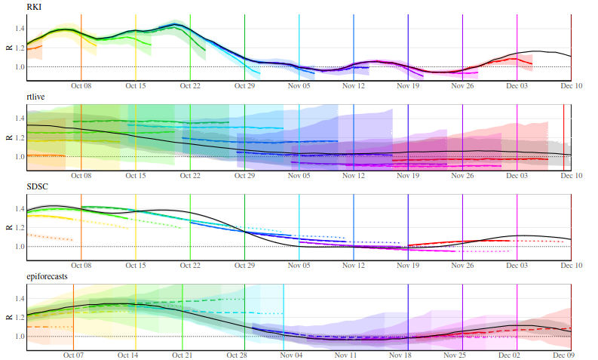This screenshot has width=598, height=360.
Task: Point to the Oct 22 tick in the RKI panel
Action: point(190,85)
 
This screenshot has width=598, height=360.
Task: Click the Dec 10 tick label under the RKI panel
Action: point(571,85)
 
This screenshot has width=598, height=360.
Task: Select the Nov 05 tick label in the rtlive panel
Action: point(299,175)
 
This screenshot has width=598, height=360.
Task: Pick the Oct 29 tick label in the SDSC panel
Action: point(245,265)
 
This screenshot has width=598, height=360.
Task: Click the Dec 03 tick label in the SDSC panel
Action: point(517,265)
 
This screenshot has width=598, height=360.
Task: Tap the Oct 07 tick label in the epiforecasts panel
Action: point(74,355)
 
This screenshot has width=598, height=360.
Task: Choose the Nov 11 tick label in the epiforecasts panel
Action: point(345,355)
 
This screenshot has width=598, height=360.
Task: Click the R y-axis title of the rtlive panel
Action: point(8,137)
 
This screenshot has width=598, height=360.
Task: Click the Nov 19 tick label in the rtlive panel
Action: point(408,175)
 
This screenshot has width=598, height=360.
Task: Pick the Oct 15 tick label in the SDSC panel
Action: point(136,265)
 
